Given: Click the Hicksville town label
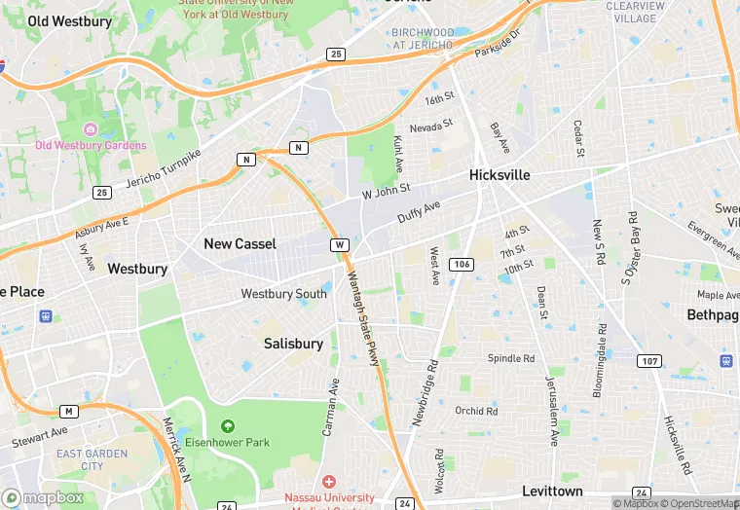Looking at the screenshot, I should point(499,175).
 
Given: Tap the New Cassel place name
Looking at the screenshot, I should point(240,243).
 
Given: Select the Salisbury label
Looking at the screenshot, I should point(293,344).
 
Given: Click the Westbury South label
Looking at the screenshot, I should point(283,294).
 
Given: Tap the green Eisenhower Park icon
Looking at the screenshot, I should point(228,426).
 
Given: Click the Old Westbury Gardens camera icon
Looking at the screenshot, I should point(91,129).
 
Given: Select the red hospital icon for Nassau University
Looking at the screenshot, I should point(328,482).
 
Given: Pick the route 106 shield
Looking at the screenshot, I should point(462,265).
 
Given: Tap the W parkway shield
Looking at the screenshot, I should point(339,244).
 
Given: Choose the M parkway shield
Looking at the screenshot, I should point(68,412).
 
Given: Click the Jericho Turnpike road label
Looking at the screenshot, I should point(163,168).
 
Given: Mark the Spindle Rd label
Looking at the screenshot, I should point(511,358).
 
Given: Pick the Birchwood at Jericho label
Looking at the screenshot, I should point(423,38).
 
